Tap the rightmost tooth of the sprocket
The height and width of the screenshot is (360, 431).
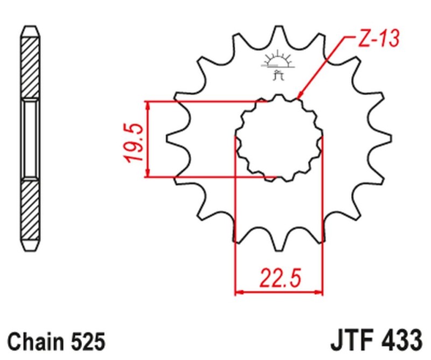point(384,139)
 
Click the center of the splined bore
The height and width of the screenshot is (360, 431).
point(279,138)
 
